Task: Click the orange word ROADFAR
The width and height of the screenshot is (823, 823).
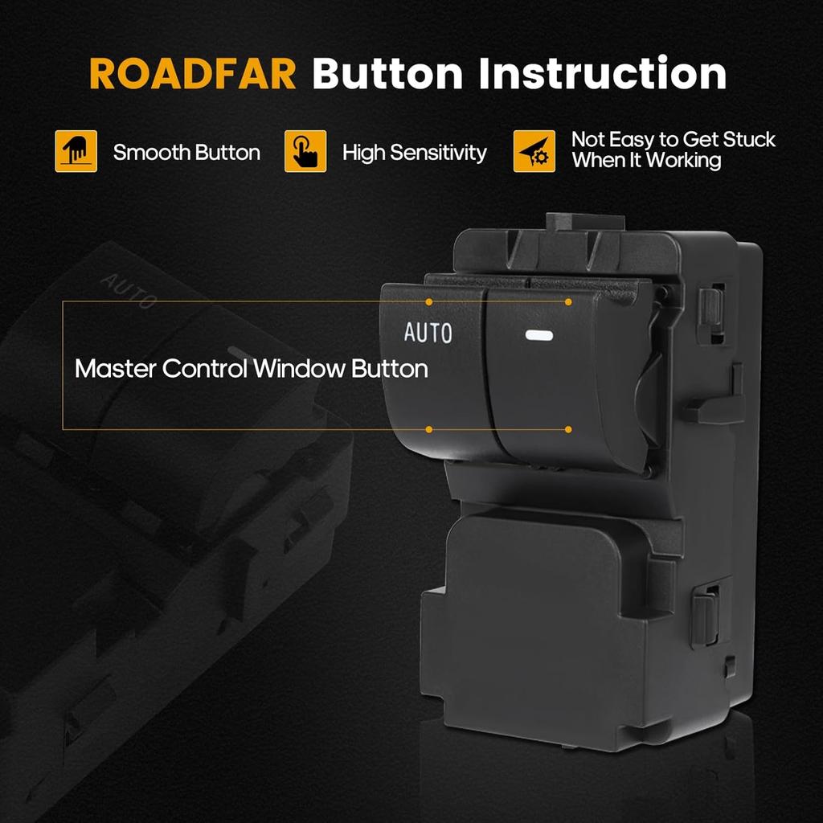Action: coord(193,75)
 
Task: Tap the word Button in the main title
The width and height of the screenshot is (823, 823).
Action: coord(387,75)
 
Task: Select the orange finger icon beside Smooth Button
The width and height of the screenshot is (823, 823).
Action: coord(76,151)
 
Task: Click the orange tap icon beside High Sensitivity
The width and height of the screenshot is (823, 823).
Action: coord(305,151)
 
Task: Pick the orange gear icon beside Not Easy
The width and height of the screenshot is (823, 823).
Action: coord(534,151)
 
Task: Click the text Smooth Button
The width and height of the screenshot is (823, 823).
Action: coord(186,153)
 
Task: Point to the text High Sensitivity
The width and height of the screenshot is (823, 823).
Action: coord(415,153)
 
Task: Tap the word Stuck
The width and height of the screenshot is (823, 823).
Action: coord(749,139)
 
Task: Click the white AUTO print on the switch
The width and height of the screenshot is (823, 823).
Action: coord(428,333)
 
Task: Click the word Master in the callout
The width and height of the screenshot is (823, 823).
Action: coord(115,369)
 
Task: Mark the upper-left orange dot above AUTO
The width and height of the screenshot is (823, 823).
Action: coord(429,302)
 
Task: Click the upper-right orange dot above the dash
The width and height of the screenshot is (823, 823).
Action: coord(568,302)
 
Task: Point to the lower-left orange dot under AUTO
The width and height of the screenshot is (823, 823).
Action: coord(429,429)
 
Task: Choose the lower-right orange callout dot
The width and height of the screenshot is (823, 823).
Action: coord(568,429)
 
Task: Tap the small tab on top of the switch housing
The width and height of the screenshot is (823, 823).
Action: coord(585,222)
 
